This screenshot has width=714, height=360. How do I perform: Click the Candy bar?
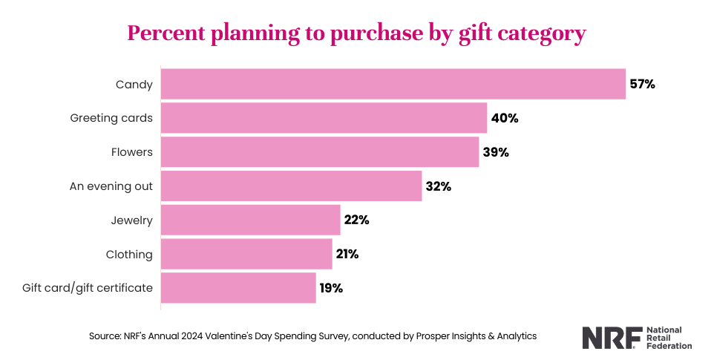(x=393, y=84)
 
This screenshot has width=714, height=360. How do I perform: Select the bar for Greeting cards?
(x=324, y=118)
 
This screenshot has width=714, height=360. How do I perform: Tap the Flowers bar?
(x=320, y=152)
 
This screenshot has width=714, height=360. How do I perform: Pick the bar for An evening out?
(x=291, y=186)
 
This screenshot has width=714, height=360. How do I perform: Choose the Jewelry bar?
(x=250, y=220)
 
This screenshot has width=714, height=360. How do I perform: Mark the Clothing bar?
(x=246, y=254)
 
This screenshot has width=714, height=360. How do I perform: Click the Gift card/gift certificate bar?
(x=238, y=288)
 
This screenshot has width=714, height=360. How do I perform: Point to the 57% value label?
(x=642, y=84)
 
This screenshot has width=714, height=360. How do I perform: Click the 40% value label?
(x=504, y=118)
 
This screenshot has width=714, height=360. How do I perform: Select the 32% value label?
(x=438, y=186)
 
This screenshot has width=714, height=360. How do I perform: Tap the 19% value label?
(x=331, y=288)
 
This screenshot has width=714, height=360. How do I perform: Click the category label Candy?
(x=134, y=85)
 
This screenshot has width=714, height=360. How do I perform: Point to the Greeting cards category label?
(x=111, y=118)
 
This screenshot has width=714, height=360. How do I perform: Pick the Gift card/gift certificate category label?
(x=88, y=288)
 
